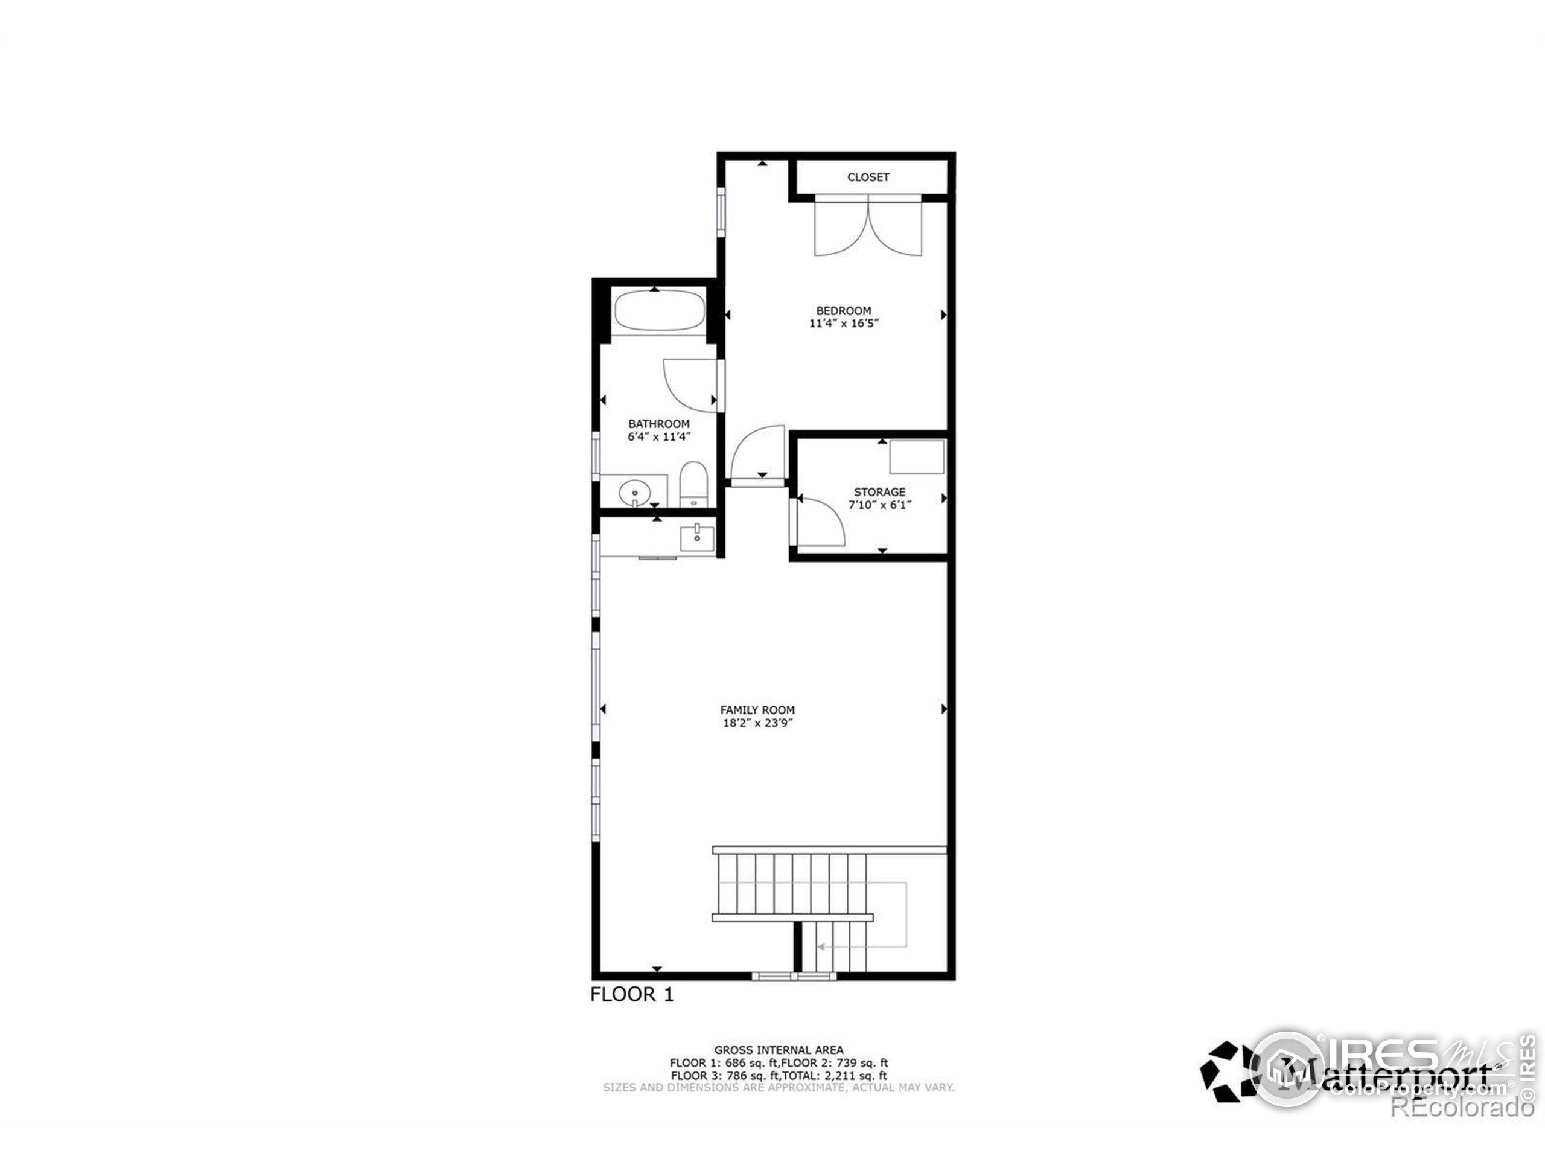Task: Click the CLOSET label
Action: point(868,177)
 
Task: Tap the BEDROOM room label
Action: point(844,310)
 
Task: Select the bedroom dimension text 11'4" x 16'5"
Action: point(844,324)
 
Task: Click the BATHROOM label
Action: point(658,423)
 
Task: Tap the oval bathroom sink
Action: point(634,493)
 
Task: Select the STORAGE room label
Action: point(879,492)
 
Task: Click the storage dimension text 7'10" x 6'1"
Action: point(879,505)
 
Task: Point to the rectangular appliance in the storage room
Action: point(916,457)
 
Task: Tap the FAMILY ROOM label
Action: point(757,710)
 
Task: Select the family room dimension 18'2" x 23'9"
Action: point(757,723)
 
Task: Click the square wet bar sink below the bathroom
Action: point(697,538)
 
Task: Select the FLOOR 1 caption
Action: point(631,995)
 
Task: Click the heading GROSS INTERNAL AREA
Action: point(778,1049)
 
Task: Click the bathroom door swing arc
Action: point(688,385)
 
